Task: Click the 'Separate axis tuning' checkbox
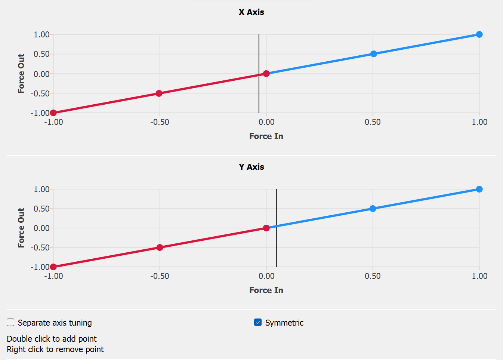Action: [10, 322]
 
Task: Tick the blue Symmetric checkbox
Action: [258, 322]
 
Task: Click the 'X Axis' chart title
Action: [251, 12]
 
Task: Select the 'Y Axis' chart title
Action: [251, 167]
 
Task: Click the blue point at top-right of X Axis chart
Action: [479, 34]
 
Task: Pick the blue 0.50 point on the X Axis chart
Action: [373, 54]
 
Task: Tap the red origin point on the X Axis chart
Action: [266, 74]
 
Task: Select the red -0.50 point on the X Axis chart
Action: [159, 93]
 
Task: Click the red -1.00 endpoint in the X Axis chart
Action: [53, 113]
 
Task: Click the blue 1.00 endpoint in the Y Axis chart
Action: [479, 189]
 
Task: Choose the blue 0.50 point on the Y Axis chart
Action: [373, 209]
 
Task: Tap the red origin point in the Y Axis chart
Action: [266, 228]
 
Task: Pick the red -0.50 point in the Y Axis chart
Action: [160, 247]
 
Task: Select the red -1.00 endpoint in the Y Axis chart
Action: [53, 267]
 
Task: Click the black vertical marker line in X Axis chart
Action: [259, 56]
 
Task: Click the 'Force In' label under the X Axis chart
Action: [266, 136]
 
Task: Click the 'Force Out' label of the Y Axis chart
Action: [21, 228]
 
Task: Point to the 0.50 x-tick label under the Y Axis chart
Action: [373, 276]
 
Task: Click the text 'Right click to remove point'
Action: [55, 349]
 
